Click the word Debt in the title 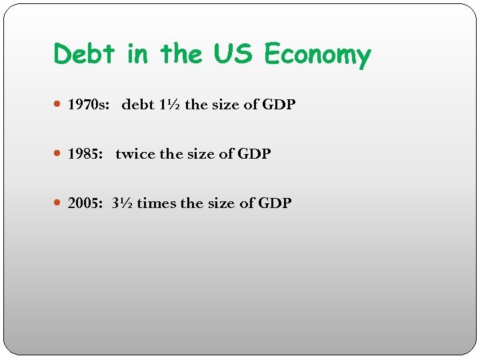(x=85, y=53)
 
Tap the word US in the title (x=234, y=53)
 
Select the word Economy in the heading (x=317, y=55)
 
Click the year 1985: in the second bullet (x=86, y=154)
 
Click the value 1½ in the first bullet (x=170, y=105)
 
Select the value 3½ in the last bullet (x=123, y=203)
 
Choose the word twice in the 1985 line (x=135, y=154)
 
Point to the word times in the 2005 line (x=158, y=203)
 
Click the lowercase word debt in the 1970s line (x=138, y=105)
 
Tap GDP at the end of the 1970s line (x=279, y=105)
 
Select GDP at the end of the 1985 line (x=254, y=154)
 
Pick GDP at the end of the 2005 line (x=275, y=203)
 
